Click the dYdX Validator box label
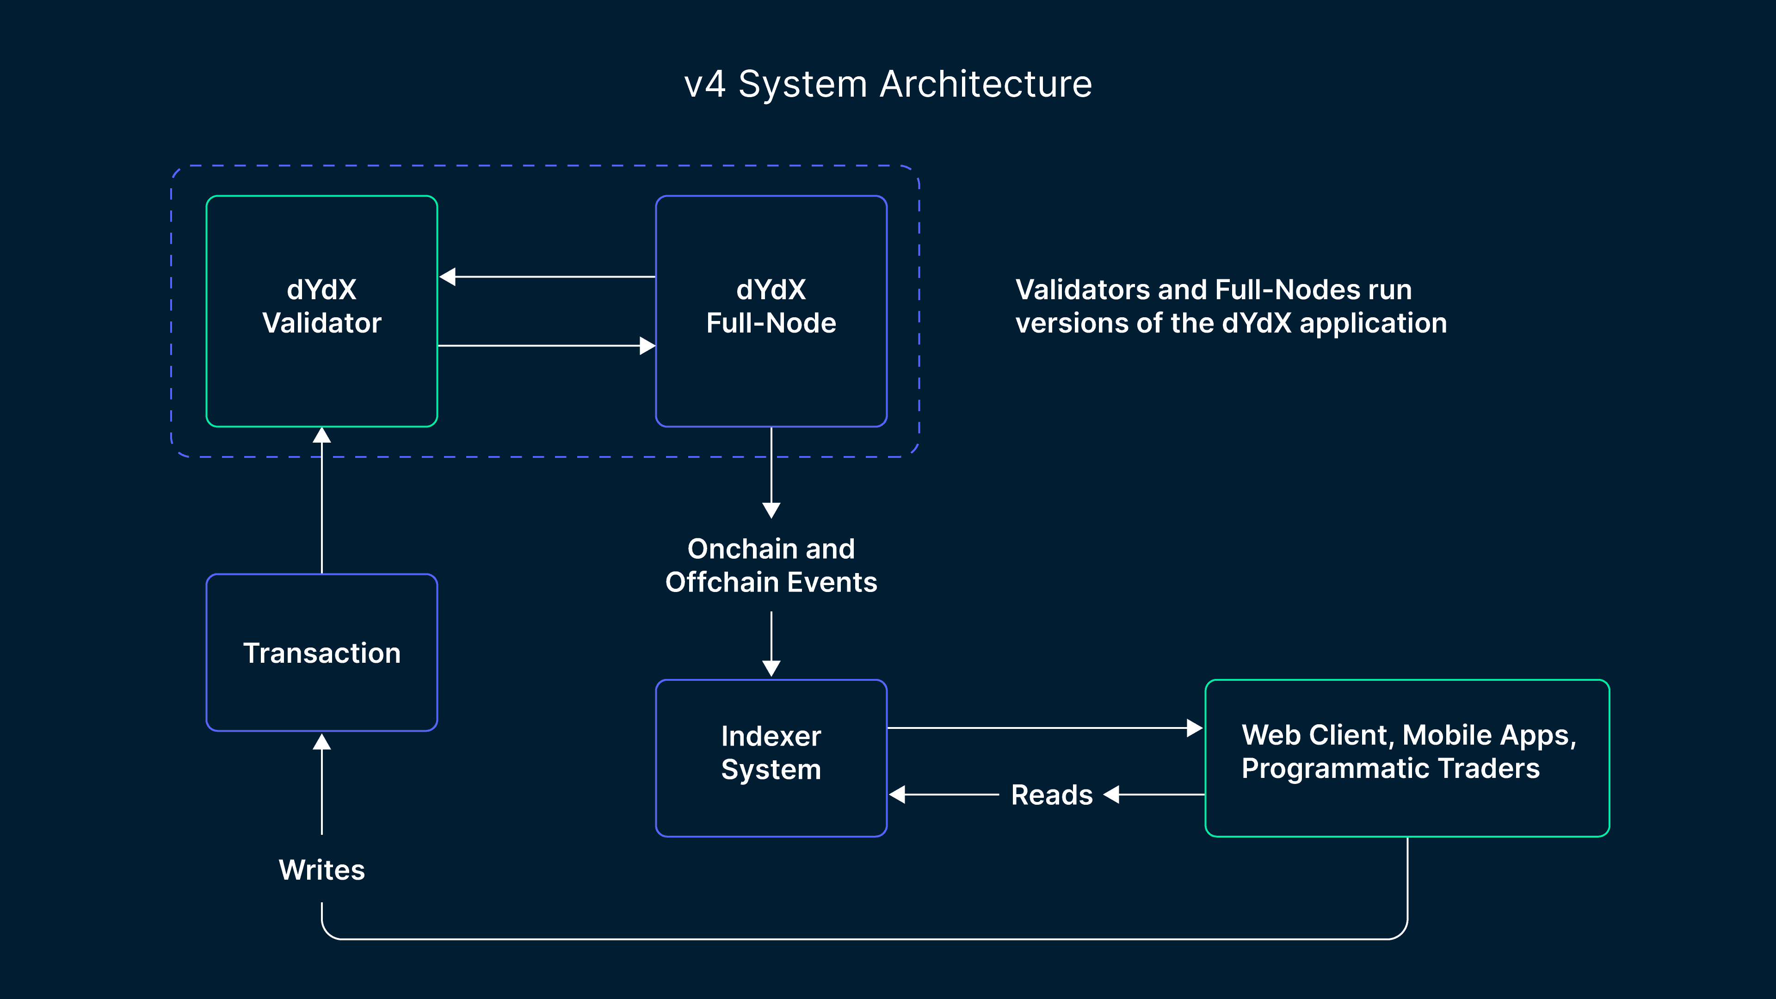point(321,307)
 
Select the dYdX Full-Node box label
point(771,307)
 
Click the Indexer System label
point(771,753)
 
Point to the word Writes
point(321,870)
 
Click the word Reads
point(1051,795)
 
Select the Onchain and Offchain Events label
point(771,565)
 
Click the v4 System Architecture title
point(888,84)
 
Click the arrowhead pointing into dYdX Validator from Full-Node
point(447,277)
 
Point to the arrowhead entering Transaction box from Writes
point(321,742)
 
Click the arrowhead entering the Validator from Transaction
point(321,436)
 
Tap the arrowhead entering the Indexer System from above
point(771,668)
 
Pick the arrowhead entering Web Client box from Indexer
point(1194,728)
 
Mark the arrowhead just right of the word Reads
point(1111,795)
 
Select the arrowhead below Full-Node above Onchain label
point(771,510)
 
